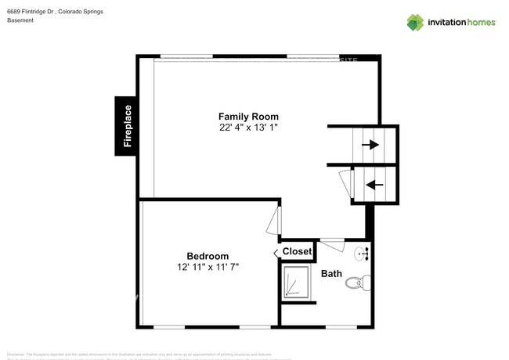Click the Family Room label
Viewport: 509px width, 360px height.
[x=248, y=117]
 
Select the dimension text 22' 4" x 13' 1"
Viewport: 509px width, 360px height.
[x=248, y=127]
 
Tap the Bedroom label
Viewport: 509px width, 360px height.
[x=208, y=256]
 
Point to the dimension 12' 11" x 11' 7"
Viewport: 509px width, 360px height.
[x=208, y=267]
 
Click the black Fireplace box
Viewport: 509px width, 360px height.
[x=127, y=125]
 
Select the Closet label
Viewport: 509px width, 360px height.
[x=297, y=251]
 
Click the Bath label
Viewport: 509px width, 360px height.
[x=331, y=273]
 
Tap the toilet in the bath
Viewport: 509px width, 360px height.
[x=355, y=283]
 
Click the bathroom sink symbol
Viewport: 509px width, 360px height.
[x=363, y=253]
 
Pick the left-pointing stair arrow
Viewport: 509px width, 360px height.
[x=374, y=185]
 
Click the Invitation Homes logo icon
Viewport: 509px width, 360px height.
[x=414, y=22]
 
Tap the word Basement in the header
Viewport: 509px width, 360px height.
[x=20, y=20]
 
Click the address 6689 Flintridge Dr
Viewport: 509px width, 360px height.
[x=31, y=11]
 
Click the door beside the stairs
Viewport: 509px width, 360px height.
[x=346, y=183]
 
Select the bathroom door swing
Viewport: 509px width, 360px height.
[x=332, y=244]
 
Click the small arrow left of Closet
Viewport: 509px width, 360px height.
[x=276, y=252]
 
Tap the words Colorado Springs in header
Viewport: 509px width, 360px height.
[x=81, y=11]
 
